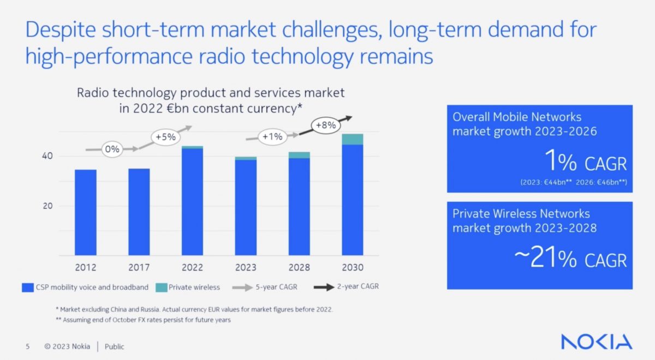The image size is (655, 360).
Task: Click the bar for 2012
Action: click(x=86, y=212)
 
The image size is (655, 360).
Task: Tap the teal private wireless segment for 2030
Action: click(x=352, y=139)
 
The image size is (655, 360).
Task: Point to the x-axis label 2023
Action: click(x=246, y=268)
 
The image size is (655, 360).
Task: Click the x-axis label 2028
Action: click(x=299, y=268)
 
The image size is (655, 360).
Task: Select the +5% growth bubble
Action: click(x=165, y=137)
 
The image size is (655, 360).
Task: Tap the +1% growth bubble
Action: click(x=271, y=137)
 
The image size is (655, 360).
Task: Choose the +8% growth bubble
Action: click(x=325, y=125)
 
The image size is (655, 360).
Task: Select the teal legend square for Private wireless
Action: click(x=160, y=287)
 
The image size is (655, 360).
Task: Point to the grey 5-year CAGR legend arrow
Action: click(x=242, y=287)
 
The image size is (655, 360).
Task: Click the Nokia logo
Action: click(x=597, y=342)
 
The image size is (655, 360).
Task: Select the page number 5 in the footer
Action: click(x=27, y=346)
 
